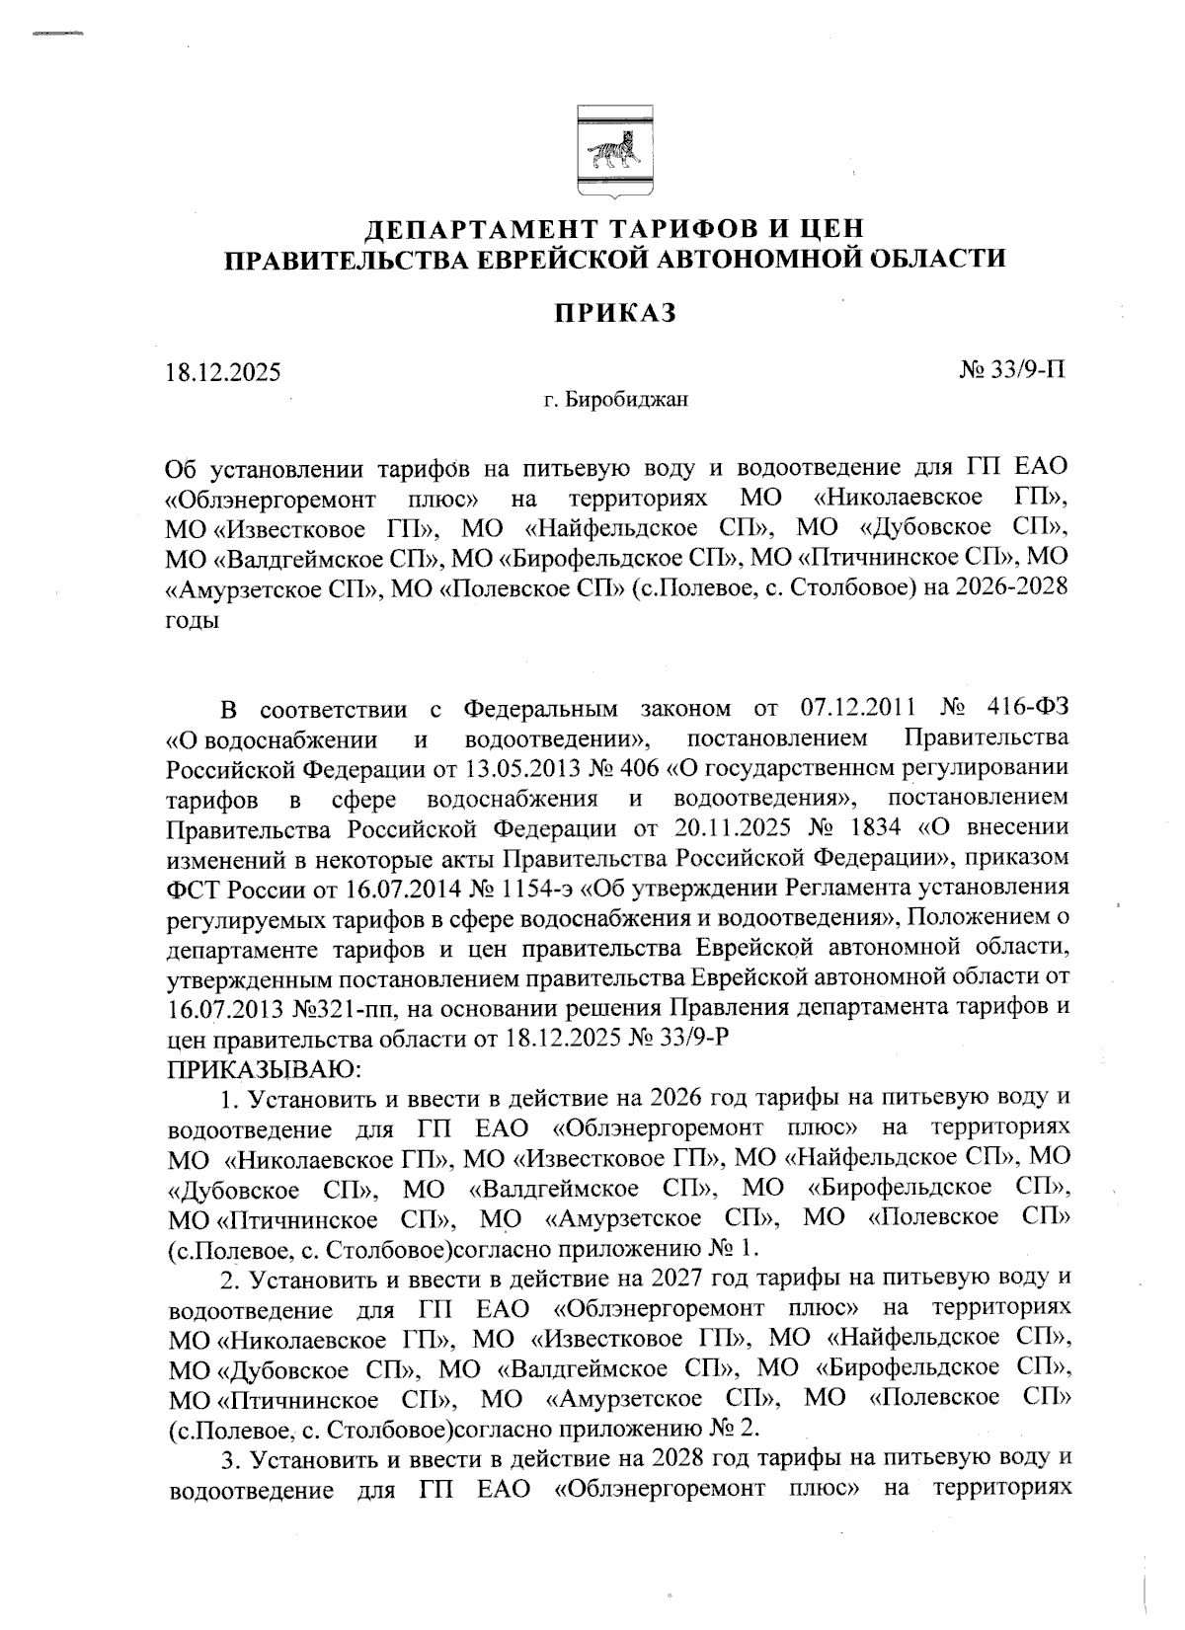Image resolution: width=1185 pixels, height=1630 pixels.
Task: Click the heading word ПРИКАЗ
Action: tap(613, 313)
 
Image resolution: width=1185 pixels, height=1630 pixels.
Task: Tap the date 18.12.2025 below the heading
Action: tap(223, 372)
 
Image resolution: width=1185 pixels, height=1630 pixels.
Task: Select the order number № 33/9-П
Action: tap(1012, 370)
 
